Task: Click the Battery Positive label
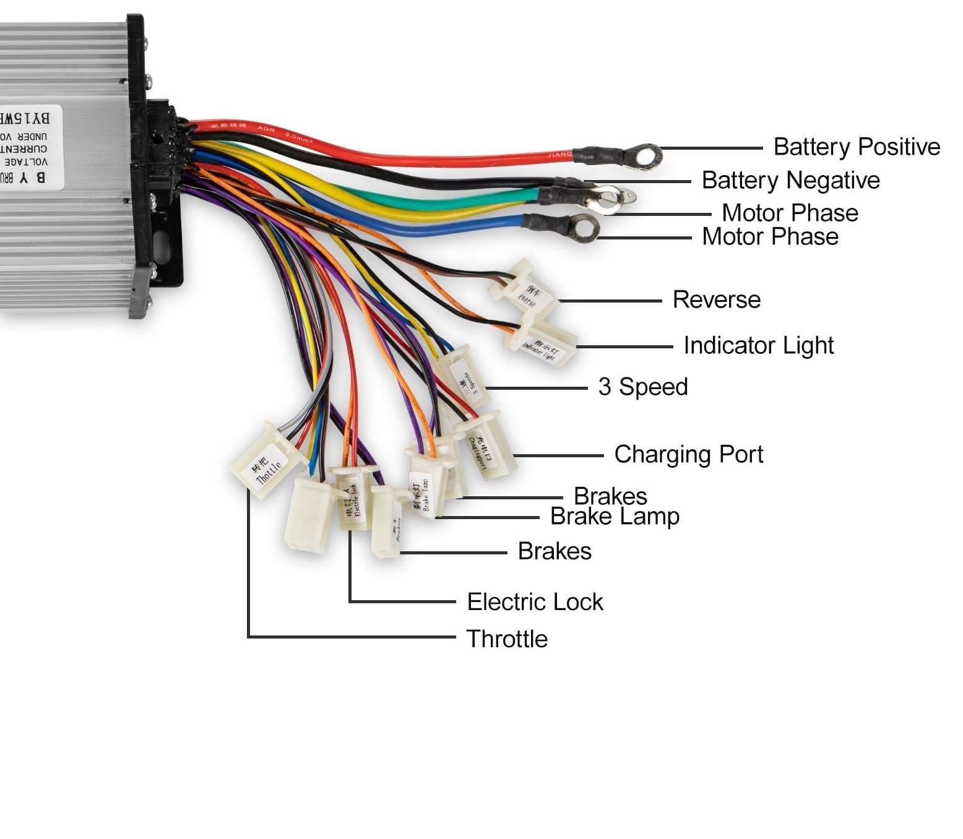pos(856,147)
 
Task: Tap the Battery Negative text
pos(790,181)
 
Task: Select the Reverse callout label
pos(716,300)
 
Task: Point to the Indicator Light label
pos(758,346)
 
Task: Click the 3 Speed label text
pos(642,387)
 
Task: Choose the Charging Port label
pos(688,455)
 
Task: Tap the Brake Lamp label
pos(615,517)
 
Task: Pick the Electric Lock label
pos(535,602)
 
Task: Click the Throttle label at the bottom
pos(507,639)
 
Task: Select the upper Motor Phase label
pos(790,213)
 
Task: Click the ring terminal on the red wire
pos(644,156)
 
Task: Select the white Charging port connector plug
pos(485,448)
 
